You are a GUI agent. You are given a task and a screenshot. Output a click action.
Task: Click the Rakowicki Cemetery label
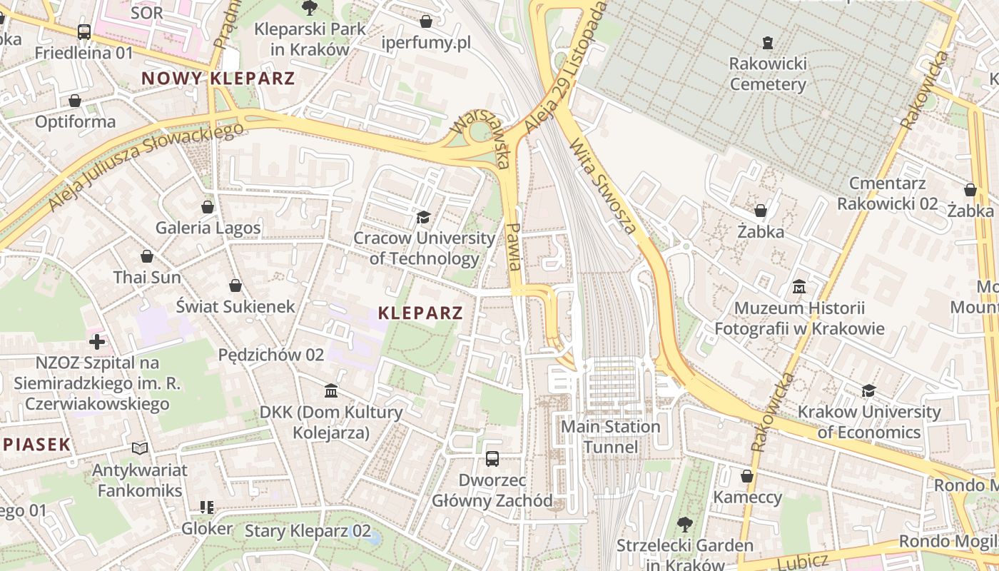tap(768, 74)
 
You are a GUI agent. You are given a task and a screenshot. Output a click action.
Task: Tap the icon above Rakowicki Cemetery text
tap(768, 43)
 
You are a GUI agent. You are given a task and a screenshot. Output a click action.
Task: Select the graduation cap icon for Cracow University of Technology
tap(424, 217)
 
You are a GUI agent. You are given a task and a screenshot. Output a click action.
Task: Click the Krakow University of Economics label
tap(868, 422)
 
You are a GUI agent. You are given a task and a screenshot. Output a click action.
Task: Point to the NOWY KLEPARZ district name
tap(218, 79)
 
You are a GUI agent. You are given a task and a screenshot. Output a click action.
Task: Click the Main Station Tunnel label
tap(611, 437)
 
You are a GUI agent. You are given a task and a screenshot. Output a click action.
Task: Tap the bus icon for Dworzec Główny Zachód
tap(492, 459)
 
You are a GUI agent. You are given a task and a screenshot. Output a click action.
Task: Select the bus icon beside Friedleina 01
tap(84, 32)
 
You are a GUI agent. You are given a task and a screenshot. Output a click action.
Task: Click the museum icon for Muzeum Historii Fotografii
tap(799, 287)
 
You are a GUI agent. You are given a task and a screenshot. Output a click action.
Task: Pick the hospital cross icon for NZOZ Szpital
tap(97, 342)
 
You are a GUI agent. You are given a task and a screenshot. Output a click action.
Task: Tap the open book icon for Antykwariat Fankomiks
tap(140, 449)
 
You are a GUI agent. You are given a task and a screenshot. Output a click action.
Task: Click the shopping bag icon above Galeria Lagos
tap(208, 207)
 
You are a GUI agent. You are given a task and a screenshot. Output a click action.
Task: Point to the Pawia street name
tap(512, 247)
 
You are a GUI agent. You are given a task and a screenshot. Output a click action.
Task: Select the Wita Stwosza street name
tap(603, 186)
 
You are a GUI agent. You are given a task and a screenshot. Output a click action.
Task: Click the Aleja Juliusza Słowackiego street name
tap(146, 166)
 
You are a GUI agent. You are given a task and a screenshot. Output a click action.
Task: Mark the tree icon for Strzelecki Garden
tap(684, 525)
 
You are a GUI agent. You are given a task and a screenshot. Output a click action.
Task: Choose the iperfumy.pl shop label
tap(427, 43)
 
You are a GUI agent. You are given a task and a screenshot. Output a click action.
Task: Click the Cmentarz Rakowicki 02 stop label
tap(887, 193)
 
